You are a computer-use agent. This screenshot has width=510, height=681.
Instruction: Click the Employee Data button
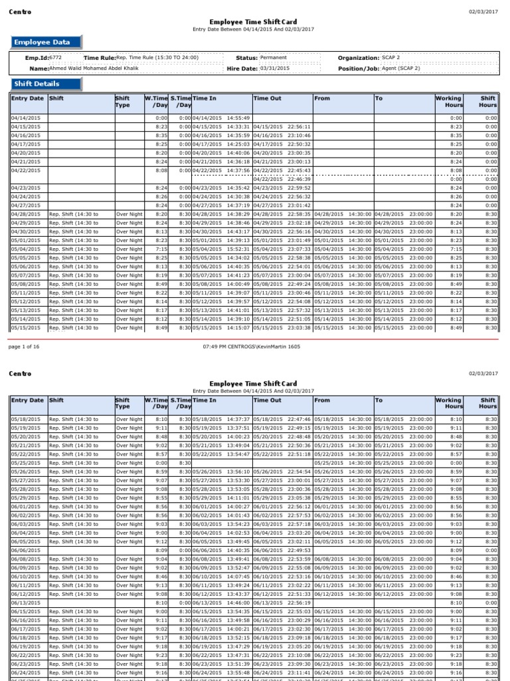pos(46,43)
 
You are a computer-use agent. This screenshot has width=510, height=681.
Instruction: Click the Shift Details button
pos(46,84)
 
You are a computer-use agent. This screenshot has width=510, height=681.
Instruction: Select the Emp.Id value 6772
pos(56,58)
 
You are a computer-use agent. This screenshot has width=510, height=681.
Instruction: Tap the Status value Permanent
pos(274,58)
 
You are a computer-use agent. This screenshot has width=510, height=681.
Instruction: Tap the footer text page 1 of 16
pos(23,347)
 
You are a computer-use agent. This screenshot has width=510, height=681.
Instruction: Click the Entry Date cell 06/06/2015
pos(25,551)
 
